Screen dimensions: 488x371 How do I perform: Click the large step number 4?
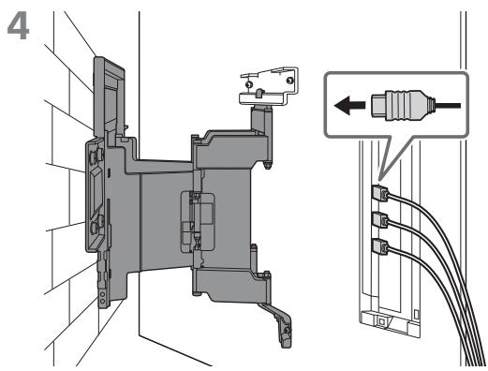(18, 26)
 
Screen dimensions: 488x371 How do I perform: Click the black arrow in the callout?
(349, 105)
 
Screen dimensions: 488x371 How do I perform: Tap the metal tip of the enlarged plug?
(378, 106)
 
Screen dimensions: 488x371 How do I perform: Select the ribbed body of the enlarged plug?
(405, 106)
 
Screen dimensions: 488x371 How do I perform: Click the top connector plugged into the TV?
(380, 193)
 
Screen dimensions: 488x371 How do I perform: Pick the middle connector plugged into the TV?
(380, 220)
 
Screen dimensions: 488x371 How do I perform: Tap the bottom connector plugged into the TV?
(380, 246)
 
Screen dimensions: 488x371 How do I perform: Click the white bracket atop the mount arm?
(269, 86)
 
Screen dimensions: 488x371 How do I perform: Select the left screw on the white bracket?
(249, 84)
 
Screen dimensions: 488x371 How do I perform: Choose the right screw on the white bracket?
(290, 81)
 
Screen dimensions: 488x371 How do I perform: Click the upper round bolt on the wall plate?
(96, 156)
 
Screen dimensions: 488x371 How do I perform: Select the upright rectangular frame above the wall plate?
(109, 96)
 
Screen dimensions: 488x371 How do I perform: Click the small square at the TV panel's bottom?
(382, 320)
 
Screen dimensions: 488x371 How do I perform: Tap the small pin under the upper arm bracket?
(267, 165)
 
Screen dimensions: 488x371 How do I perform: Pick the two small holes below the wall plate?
(102, 297)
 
